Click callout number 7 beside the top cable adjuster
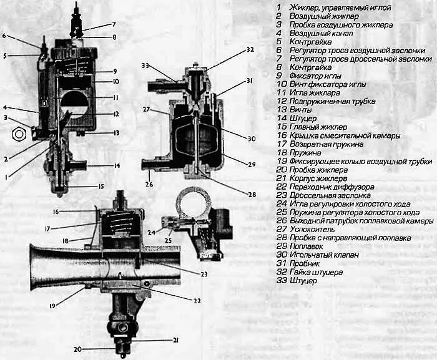click(114, 24)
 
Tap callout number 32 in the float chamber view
click(250, 49)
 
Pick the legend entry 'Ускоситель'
click(312, 229)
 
